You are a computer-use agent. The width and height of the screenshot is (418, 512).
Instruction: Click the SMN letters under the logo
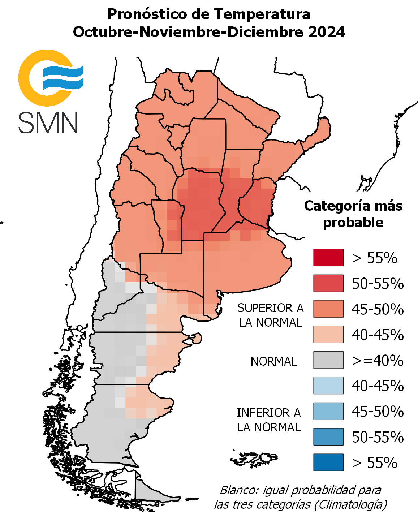48,123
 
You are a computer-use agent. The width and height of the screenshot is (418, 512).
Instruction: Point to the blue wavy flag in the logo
63,77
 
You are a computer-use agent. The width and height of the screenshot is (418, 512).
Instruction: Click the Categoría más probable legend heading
353,214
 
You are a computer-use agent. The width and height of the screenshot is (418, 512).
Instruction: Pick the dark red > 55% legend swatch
328,258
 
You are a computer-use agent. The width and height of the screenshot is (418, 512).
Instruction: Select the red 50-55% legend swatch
328,283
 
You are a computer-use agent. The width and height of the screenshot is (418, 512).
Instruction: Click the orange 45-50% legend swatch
328,309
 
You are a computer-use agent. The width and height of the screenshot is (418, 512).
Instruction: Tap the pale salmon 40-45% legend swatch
328,335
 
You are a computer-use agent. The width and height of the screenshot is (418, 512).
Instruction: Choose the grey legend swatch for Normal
328,360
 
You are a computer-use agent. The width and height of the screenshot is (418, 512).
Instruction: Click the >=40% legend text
378,361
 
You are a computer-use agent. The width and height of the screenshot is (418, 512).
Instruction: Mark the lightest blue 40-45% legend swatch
328,386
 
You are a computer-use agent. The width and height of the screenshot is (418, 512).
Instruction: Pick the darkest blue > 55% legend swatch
328,462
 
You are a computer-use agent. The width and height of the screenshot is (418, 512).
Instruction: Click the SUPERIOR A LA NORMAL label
270,315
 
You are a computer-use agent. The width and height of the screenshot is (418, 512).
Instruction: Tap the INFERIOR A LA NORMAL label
269,420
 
